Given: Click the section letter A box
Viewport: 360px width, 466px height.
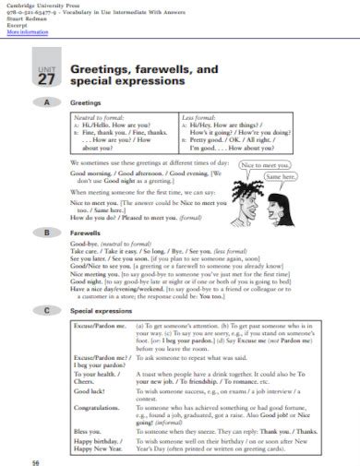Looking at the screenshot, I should pos(45,103).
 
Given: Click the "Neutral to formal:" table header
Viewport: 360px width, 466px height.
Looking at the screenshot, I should pos(99,118).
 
